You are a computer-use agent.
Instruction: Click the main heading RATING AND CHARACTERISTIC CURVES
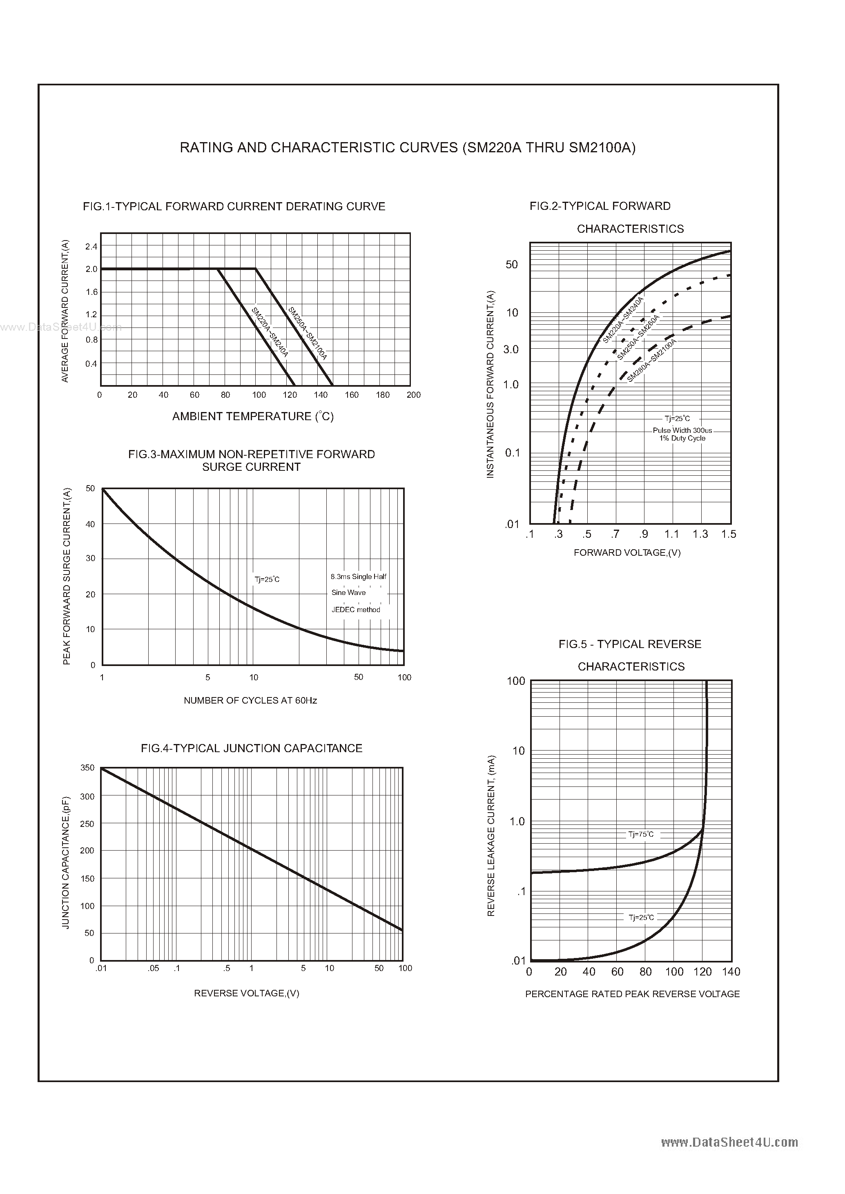pyautogui.click(x=408, y=148)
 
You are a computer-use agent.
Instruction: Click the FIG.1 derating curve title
pyautogui.click(x=234, y=207)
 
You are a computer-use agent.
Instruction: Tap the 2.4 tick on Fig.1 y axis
pyautogui.click(x=91, y=247)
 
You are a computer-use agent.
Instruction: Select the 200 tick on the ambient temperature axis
pyautogui.click(x=414, y=395)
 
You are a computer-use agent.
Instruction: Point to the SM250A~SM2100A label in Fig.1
pyautogui.click(x=308, y=334)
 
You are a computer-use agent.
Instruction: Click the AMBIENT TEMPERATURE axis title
pyautogui.click(x=253, y=416)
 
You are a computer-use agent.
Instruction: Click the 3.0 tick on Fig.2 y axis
pyautogui.click(x=511, y=350)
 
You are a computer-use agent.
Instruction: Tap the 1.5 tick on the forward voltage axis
pyautogui.click(x=729, y=534)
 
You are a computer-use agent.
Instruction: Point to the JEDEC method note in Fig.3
pyautogui.click(x=356, y=610)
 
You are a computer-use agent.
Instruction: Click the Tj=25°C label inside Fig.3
pyautogui.click(x=267, y=579)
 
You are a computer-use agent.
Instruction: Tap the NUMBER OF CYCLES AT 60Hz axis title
pyautogui.click(x=250, y=700)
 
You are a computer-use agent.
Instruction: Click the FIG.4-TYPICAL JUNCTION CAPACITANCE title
pyautogui.click(x=251, y=748)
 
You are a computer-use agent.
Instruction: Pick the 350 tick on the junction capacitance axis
pyautogui.click(x=87, y=768)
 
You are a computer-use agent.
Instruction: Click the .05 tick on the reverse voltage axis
pyautogui.click(x=153, y=968)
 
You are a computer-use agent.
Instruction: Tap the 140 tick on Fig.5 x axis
pyautogui.click(x=731, y=972)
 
